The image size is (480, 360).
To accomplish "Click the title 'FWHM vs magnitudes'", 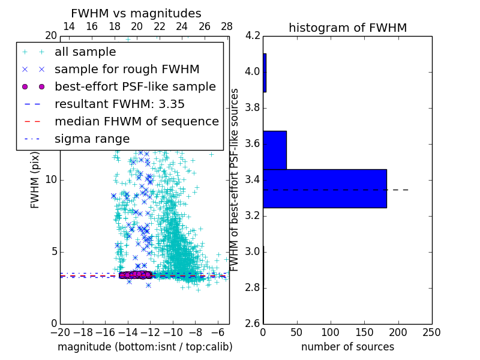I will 136,13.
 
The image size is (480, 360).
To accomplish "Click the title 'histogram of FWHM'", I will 347,28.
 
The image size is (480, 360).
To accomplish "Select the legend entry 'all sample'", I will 85,52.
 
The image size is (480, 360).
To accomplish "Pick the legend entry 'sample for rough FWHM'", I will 127,69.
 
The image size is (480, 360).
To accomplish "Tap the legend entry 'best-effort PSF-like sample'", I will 135,86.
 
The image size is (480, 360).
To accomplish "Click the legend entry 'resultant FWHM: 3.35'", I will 119,104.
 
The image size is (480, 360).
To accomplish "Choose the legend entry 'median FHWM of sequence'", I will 136,121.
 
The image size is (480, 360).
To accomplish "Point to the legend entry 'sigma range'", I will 92,139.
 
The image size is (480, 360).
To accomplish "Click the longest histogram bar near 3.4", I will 325,188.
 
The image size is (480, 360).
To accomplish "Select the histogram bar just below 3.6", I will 275,150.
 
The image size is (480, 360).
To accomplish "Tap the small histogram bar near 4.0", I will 265,73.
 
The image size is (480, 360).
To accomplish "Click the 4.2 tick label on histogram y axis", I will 253,36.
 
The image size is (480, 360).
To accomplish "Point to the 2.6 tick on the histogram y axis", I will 253,324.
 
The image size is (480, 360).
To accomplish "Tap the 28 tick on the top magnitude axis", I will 227,26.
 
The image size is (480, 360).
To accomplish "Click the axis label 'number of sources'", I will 347,347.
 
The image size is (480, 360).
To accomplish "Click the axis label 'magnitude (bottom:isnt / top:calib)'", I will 145,347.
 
